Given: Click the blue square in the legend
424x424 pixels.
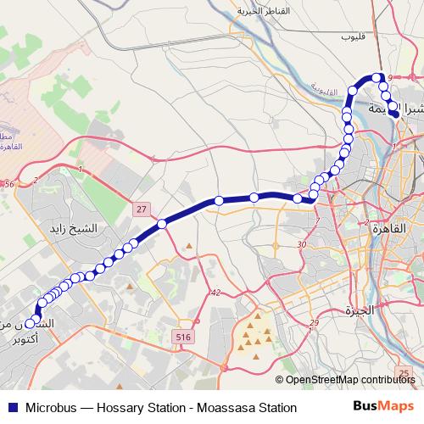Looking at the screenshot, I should (x=11, y=409).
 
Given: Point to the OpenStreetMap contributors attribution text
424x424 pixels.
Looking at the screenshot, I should (x=349, y=380).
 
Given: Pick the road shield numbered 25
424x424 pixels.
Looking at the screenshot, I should (x=407, y=373).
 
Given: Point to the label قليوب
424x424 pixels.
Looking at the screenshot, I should (x=352, y=37).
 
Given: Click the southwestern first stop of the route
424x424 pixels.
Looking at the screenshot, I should (x=31, y=323).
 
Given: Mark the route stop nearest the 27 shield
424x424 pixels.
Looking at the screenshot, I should (x=161, y=224).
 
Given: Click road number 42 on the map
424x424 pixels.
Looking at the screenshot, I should (x=216, y=293).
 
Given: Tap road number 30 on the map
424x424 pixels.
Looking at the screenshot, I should (x=301, y=245).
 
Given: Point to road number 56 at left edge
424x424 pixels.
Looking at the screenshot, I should (x=9, y=184).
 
